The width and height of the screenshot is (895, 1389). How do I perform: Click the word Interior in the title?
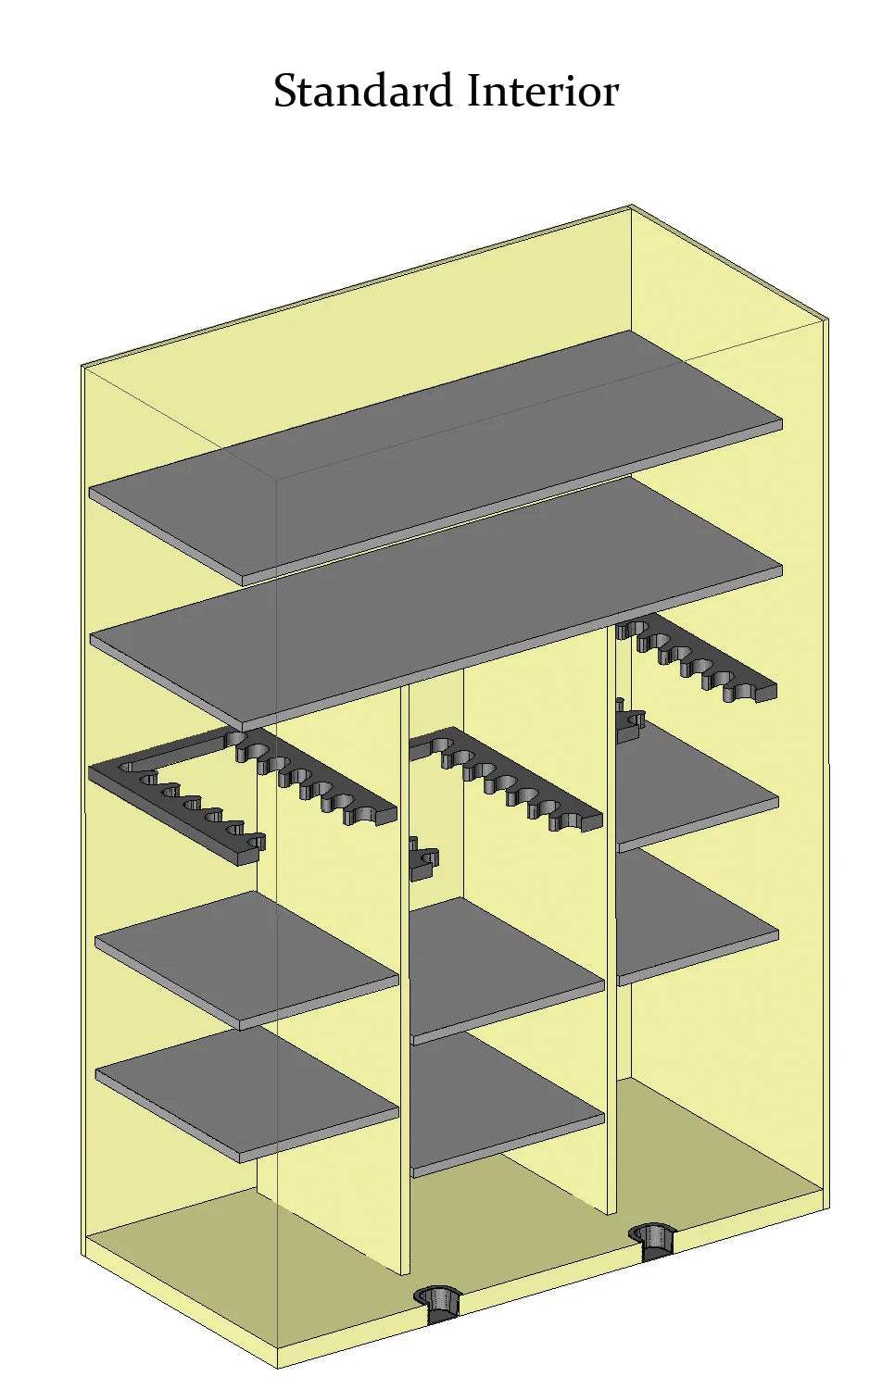tap(543, 91)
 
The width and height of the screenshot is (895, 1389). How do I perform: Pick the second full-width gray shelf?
tap(435, 605)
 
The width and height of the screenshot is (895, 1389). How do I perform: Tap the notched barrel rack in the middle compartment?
tap(506, 778)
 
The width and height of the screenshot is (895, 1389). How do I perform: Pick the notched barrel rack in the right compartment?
tap(696, 657)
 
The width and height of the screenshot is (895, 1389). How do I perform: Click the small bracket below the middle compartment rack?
tap(423, 858)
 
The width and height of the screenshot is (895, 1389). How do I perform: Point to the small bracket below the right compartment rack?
tap(630, 720)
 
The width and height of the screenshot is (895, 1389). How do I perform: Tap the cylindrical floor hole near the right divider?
tap(651, 1241)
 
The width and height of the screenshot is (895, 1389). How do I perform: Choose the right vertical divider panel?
tap(611, 918)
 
